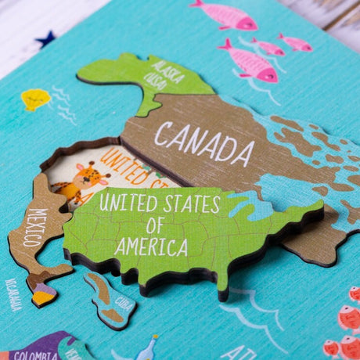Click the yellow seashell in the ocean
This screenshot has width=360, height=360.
pos(34,99)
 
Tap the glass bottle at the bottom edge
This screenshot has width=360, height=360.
pos(146,348)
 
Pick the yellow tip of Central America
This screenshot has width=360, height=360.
pos(43,295)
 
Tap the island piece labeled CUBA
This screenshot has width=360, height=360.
pos(106,297)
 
